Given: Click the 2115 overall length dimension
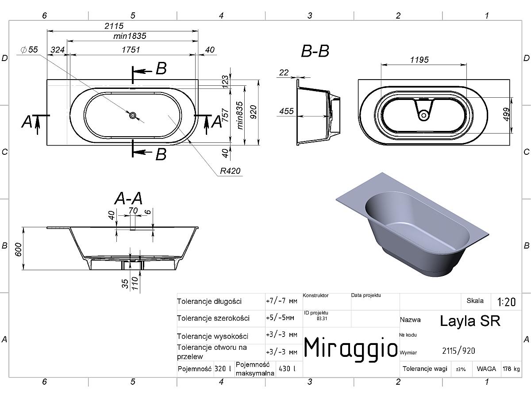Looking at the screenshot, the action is [114, 26].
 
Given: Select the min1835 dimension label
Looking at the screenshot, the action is [130, 36].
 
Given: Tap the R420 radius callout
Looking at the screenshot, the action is [230, 171].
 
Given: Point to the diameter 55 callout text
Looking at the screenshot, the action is [30, 50].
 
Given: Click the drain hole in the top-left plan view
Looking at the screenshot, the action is [133, 115].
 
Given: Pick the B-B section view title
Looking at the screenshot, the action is [315, 51].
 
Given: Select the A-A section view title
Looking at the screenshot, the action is [128, 199].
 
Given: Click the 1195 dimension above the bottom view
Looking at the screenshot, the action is [419, 60].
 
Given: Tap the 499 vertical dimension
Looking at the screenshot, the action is [506, 114].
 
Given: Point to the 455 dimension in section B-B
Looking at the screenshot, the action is [286, 111].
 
